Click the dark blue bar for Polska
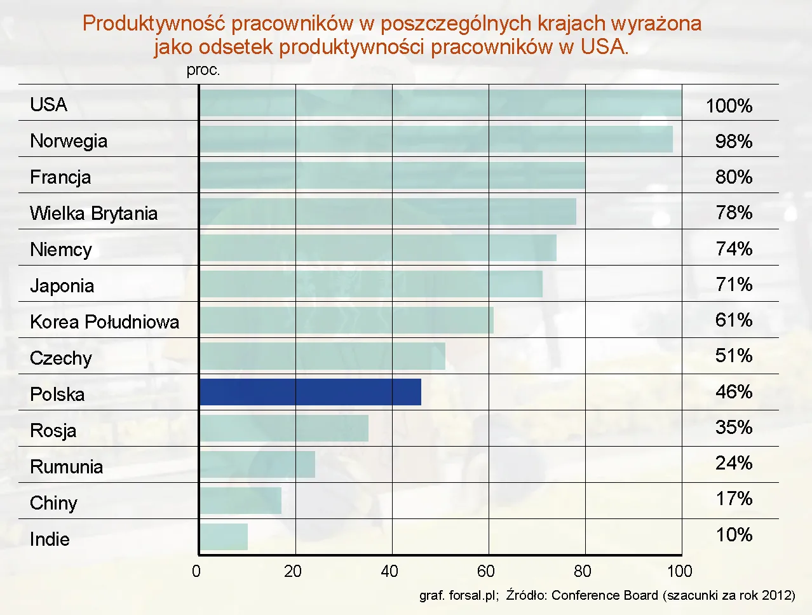[310, 392]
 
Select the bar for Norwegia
[436, 139]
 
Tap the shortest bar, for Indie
[224, 537]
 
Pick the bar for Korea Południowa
[346, 320]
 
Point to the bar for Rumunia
[257, 464]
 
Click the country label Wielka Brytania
[93, 213]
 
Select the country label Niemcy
[61, 249]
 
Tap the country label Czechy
[61, 358]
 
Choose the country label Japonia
[62, 285]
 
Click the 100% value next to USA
[729, 105]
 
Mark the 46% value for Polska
[734, 391]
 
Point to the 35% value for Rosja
[734, 427]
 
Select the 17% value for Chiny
[734, 499]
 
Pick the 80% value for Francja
[734, 177]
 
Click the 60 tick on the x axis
[486, 571]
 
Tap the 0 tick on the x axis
[196, 571]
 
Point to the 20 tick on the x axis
[293, 571]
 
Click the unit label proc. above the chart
[203, 70]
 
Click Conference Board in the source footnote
[604, 595]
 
